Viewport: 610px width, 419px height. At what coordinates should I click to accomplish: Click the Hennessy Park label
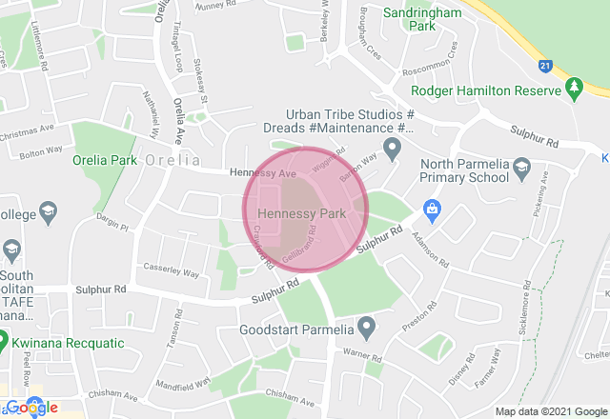[301, 214]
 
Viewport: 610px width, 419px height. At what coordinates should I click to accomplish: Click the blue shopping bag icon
[432, 208]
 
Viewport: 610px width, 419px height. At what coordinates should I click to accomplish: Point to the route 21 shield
[545, 65]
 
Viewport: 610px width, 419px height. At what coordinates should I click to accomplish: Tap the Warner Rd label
[362, 358]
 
